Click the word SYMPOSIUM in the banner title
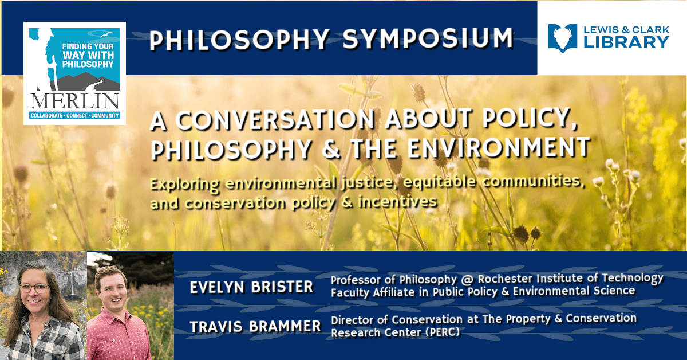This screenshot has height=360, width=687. pyautogui.click(x=428, y=39)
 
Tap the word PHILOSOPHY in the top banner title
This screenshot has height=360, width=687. pyautogui.click(x=239, y=40)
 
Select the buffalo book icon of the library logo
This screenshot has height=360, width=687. pyautogui.click(x=562, y=38)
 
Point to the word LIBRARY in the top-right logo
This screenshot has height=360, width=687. pyautogui.click(x=626, y=42)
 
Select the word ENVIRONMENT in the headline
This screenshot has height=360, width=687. pyautogui.click(x=499, y=147)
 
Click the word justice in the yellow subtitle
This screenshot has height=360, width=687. pyautogui.click(x=367, y=183)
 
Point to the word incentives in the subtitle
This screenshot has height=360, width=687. pyautogui.click(x=398, y=202)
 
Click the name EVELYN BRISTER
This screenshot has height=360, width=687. pyautogui.click(x=251, y=287)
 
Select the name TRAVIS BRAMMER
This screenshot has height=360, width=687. pyautogui.click(x=255, y=326)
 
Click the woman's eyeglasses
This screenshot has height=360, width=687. pyautogui.click(x=34, y=288)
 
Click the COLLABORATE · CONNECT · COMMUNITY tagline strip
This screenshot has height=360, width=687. pyautogui.click(x=75, y=116)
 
